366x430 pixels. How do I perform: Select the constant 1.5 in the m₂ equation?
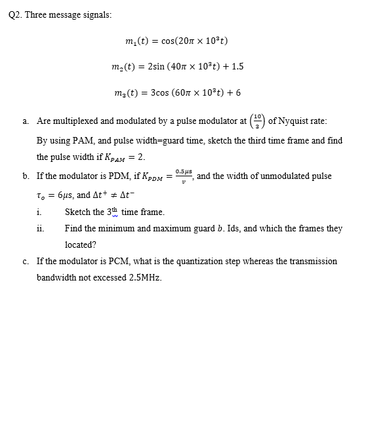point(237,66)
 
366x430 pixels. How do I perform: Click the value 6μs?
point(65,195)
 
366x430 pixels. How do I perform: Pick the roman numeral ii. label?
point(39,228)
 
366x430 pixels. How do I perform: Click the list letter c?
point(24,261)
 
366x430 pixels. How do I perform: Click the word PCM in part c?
point(125,261)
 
